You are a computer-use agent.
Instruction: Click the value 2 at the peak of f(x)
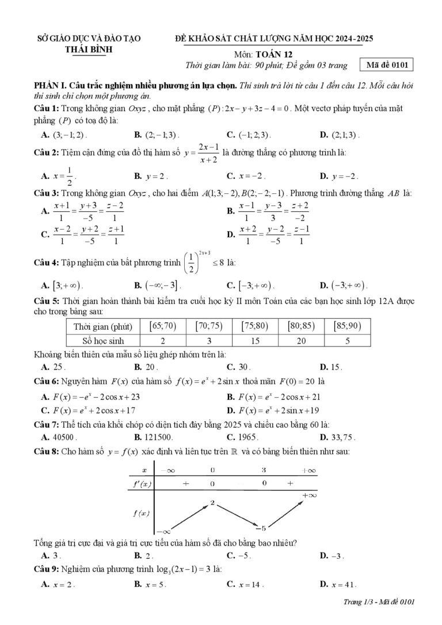[x=212, y=503]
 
